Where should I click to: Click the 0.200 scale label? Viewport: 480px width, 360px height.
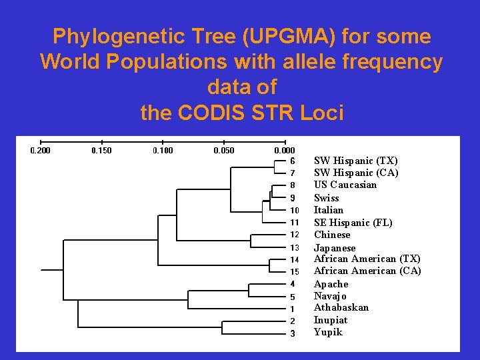pos(41,151)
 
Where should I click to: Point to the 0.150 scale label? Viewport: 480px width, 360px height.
pos(101,151)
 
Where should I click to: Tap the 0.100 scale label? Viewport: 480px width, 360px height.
pos(163,151)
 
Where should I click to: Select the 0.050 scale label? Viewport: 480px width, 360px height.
pos(223,151)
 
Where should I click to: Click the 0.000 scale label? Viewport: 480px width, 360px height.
pos(285,151)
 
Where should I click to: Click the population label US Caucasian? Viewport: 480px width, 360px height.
pos(345,185)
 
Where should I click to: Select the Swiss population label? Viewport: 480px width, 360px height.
pos(327,198)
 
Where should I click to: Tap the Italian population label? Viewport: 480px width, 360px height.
pos(329,210)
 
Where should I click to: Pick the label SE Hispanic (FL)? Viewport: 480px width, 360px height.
pos(353,223)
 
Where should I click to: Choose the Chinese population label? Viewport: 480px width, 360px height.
pos(332,235)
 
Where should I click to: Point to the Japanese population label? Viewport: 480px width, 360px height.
pos(335,248)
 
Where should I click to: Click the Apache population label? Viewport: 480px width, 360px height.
pos(331,284)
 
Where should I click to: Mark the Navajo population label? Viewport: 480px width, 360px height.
pos(331,296)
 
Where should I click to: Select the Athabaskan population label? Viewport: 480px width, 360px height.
pos(341,307)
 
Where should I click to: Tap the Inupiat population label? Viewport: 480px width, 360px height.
pos(331,320)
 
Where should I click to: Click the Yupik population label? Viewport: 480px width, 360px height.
pos(328,332)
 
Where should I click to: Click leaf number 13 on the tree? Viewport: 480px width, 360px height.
pos(294,247)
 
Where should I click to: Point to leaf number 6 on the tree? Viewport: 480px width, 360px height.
pos(293,161)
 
